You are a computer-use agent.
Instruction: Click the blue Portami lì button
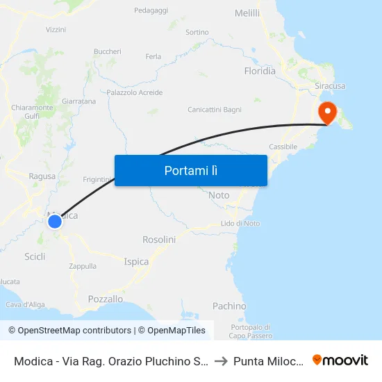190,170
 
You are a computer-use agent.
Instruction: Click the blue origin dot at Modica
54,222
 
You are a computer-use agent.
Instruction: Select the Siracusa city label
330,85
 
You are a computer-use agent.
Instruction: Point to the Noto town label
219,196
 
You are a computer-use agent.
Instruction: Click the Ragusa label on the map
42,176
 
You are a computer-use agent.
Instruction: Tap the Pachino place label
229,306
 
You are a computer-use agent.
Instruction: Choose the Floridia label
260,71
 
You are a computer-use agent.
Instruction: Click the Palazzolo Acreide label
135,92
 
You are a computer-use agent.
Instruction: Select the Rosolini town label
159,240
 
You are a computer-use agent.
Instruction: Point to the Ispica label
136,262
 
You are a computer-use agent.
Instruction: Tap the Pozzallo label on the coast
106,299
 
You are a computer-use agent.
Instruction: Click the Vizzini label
56,30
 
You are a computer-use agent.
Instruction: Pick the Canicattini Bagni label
215,110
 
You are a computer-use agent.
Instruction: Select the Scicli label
35,256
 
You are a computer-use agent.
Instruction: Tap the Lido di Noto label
240,223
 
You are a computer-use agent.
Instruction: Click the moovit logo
340,360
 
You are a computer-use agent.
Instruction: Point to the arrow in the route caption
219,360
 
